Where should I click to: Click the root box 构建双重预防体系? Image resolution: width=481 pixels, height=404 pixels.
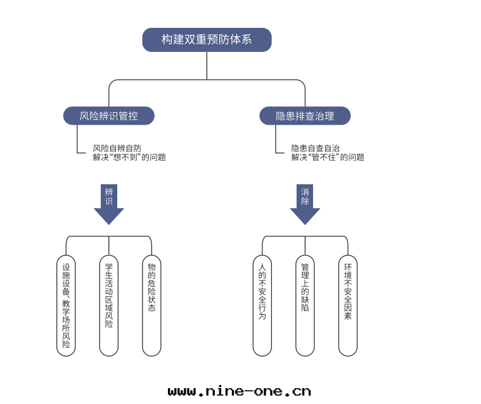(x=207, y=40)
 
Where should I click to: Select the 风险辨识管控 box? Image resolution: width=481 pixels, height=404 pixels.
(x=109, y=116)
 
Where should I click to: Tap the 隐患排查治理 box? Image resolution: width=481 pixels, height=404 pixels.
(x=305, y=116)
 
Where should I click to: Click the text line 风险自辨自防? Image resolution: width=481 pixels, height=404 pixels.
(x=117, y=148)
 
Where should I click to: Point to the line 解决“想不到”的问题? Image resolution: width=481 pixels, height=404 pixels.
(x=129, y=158)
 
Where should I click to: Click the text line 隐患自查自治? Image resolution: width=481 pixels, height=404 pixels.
(x=316, y=148)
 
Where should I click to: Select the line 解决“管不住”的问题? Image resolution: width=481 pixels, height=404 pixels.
(x=328, y=158)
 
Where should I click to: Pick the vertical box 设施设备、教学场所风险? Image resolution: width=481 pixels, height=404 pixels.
(x=66, y=305)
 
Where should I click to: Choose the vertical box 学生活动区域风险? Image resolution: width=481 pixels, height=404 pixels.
(x=109, y=305)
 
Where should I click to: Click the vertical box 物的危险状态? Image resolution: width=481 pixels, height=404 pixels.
(x=151, y=305)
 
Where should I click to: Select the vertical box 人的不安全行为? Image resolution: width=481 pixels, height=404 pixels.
(x=262, y=305)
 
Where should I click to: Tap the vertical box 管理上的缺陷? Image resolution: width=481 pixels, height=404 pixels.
(x=305, y=305)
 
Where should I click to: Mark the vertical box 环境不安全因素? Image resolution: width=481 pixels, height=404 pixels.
(x=347, y=305)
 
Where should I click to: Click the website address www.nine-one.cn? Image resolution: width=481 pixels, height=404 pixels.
(x=240, y=391)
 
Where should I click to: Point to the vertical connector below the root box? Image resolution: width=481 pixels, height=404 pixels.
(x=207, y=65)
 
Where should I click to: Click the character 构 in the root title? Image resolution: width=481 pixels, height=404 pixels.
(x=167, y=40)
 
